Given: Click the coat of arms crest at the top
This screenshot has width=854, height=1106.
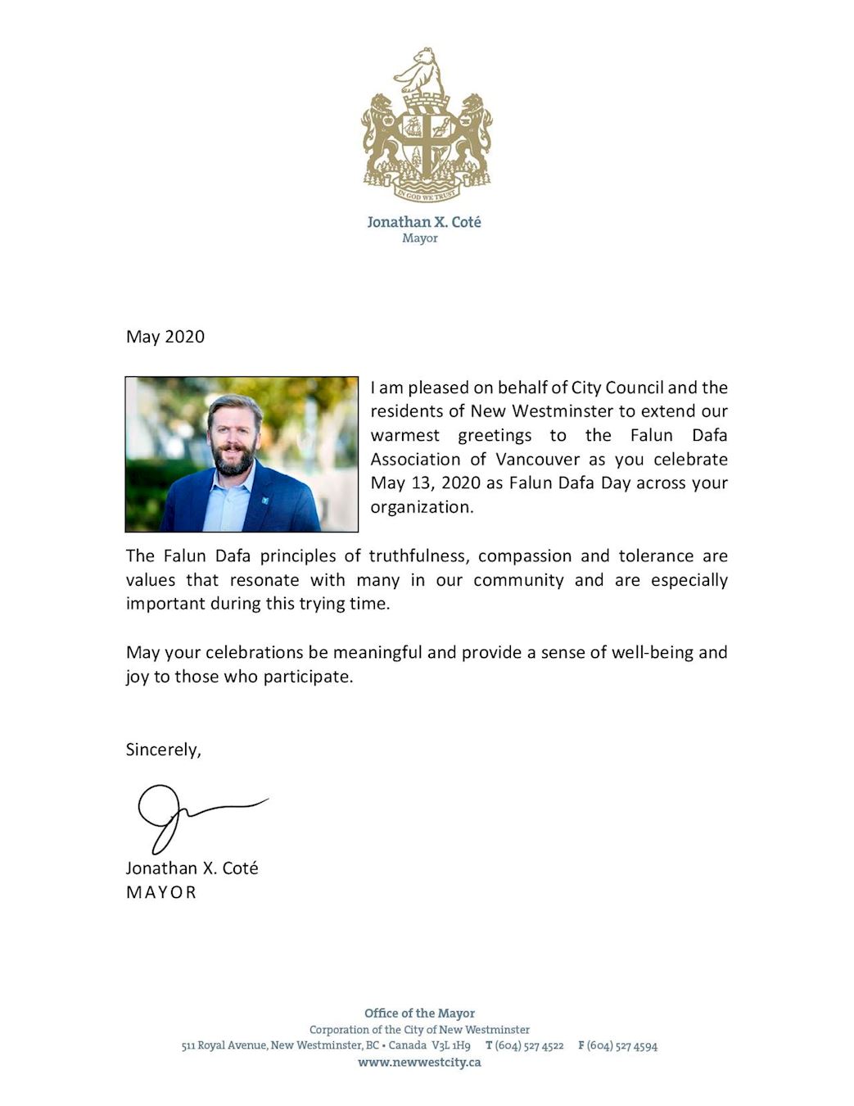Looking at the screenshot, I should click(426, 125).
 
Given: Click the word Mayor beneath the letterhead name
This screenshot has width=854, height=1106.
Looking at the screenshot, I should click(420, 238).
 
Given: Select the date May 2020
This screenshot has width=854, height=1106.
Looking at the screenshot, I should click(165, 337).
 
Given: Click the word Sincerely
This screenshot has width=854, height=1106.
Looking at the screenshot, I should click(163, 750).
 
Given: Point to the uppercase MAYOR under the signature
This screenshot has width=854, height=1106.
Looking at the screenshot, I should click(161, 892).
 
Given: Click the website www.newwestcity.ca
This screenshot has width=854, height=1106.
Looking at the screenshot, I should click(419, 1063).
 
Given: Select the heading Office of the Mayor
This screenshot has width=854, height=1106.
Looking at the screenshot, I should click(419, 1013).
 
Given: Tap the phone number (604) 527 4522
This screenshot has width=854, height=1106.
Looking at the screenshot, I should click(529, 1045).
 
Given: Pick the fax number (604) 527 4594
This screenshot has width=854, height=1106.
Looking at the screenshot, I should click(622, 1045).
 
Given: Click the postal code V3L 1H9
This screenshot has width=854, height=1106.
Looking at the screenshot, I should click(451, 1045).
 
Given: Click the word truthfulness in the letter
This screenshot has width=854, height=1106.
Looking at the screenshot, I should click(418, 556).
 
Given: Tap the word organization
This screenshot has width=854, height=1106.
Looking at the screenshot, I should click(421, 507).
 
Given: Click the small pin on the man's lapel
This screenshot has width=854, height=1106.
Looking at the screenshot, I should click(265, 500).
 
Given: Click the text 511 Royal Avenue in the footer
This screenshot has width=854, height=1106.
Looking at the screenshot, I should click(224, 1045).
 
